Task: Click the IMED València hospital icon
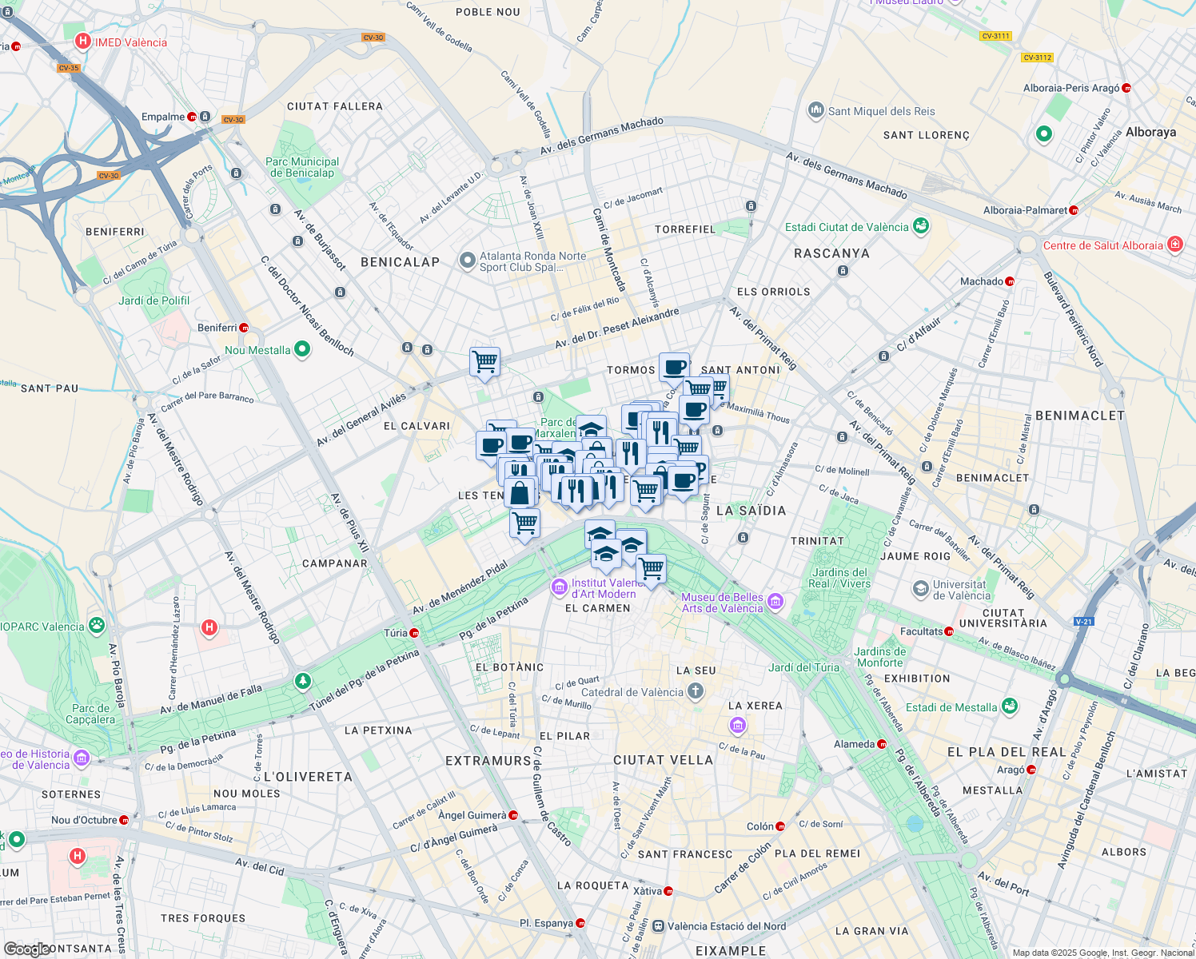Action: pos(82,42)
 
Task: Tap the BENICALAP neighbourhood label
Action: pos(400,262)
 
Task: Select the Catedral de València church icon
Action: pos(696,691)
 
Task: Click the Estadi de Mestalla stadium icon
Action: pos(1010,706)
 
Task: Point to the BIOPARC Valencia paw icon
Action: pos(97,625)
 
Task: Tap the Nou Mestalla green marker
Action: pos(302,349)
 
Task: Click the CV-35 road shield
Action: pos(69,68)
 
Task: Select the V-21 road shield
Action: pos(1083,621)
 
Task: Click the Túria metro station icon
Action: pos(414,633)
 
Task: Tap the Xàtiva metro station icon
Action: pos(668,891)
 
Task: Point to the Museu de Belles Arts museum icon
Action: pos(775,601)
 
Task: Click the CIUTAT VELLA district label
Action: pos(663,760)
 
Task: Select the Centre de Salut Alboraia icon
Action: pos(1174,245)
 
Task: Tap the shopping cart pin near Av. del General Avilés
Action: pos(484,362)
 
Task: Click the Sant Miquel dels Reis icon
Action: pos(815,110)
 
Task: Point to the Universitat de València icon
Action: pos(921,589)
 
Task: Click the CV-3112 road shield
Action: pos(1037,58)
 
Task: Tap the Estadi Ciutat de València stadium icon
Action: pos(921,227)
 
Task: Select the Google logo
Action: pos(26,949)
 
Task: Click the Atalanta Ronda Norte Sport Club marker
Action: pos(467,261)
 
